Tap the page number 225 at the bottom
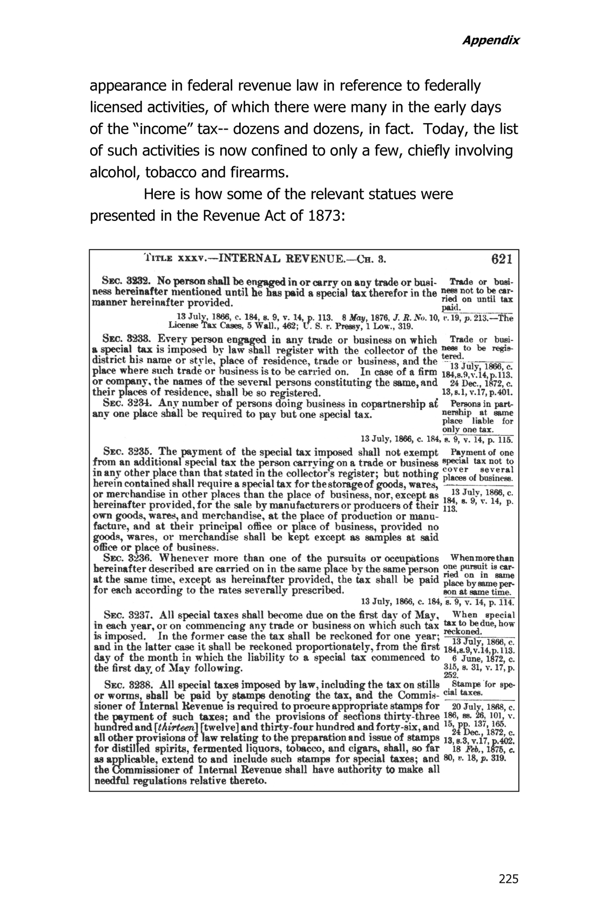point(508,879)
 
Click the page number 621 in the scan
point(502,259)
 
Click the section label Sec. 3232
point(125,282)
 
